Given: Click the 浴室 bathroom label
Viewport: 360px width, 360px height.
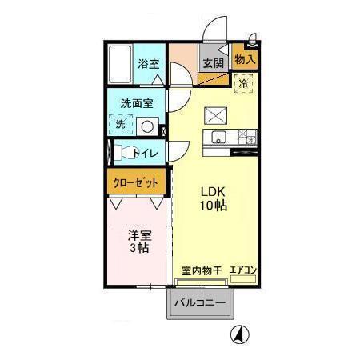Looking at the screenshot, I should (147, 63).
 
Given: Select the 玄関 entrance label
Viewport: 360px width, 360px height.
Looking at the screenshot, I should (212, 64).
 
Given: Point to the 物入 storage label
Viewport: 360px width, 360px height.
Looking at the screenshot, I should (245, 59).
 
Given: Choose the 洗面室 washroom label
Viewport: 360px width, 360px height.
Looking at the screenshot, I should (137, 104).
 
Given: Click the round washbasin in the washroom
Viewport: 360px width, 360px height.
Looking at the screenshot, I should (146, 125).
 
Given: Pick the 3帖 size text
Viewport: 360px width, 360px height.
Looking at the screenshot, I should (139, 249).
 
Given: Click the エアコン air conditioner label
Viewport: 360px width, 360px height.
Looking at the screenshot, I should (242, 270).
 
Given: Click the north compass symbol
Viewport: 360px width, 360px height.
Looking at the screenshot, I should (238, 334).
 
